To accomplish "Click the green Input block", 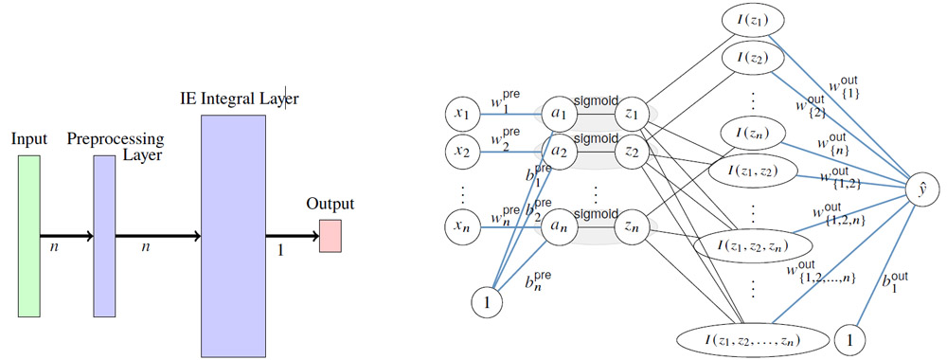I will click(x=28, y=234).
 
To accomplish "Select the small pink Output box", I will click(x=330, y=235).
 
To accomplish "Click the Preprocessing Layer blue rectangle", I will click(x=104, y=235).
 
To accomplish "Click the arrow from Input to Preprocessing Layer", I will click(x=66, y=235).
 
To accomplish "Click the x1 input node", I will click(x=463, y=115).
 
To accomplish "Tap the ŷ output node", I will click(x=919, y=189).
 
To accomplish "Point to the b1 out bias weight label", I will click(x=894, y=281).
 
